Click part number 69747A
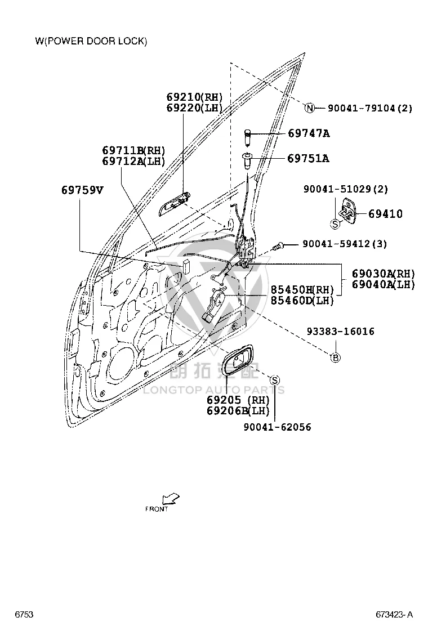click(309, 133)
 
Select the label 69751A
click(308, 159)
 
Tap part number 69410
click(385, 214)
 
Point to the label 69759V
click(82, 190)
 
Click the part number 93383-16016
click(341, 332)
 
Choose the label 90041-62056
click(278, 427)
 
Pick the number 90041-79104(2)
click(370, 108)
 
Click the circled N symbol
click(310, 108)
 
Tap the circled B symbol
click(336, 357)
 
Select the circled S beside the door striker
click(335, 224)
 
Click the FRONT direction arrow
click(171, 499)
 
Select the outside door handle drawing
click(175, 204)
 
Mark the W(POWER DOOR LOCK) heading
click(91, 41)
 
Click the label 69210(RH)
click(194, 97)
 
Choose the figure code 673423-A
click(394, 614)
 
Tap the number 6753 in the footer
click(24, 614)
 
